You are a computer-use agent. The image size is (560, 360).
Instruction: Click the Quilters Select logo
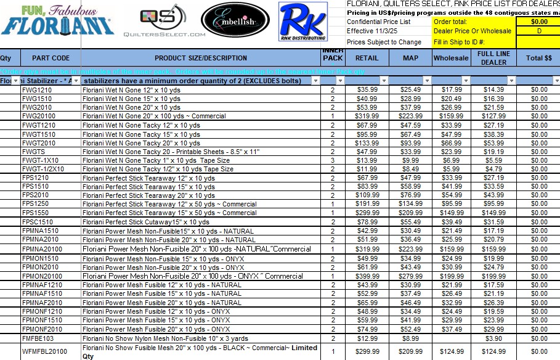coord(164,23)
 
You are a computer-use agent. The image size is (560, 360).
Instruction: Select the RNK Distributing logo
coord(302,24)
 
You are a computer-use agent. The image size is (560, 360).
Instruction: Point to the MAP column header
coord(410,58)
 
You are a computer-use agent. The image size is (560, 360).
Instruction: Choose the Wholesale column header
coord(451,58)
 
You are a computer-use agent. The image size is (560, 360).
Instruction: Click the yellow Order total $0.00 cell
coord(538,22)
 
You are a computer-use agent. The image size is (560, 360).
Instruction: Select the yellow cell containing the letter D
coord(538,31)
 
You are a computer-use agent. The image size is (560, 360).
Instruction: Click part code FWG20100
coord(38,116)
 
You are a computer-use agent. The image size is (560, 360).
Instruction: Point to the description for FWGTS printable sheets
coord(171,152)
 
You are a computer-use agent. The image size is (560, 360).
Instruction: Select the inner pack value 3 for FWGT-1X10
coord(333,160)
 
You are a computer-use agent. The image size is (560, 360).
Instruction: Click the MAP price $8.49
coord(411,169)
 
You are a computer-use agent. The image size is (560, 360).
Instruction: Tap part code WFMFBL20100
coord(44,351)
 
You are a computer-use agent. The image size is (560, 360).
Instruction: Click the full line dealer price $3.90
coord(493,338)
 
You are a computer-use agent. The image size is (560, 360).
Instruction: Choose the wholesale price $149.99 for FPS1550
coord(452,213)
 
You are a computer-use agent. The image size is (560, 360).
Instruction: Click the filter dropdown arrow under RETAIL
coord(383,81)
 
